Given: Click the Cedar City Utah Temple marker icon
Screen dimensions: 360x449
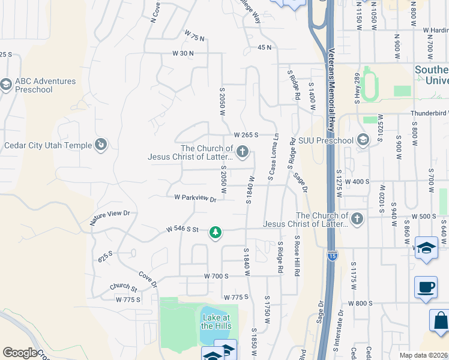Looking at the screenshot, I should (101, 145).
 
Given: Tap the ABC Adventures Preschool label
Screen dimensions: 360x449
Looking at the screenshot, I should (46, 85).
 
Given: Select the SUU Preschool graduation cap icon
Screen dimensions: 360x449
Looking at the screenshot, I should (362, 140).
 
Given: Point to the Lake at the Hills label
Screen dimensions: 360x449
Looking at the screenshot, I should (215, 322).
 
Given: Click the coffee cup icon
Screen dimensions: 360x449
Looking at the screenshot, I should (426, 286).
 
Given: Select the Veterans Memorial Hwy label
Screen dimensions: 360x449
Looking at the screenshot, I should (330, 90).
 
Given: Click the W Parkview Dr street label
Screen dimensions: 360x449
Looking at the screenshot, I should (195, 197).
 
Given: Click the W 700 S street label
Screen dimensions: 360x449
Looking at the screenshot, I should (217, 275).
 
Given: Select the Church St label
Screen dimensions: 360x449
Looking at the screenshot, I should (123, 288).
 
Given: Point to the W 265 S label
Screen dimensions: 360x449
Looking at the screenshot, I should (246, 135).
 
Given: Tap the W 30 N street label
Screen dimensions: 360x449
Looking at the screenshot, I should (182, 53).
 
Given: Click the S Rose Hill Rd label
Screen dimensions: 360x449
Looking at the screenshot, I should (297, 254).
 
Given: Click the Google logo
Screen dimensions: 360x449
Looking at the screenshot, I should (20, 353).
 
